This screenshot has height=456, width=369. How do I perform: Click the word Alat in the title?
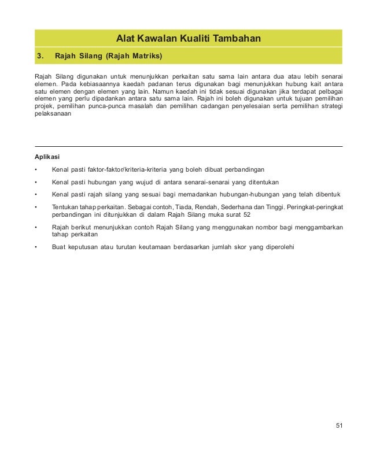pyautogui.click(x=127, y=39)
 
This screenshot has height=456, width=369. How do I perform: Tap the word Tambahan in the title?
pyautogui.click(x=237, y=39)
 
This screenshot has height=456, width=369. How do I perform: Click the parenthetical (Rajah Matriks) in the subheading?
pyautogui.click(x=134, y=57)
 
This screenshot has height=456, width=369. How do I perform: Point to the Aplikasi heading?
pyautogui.click(x=47, y=157)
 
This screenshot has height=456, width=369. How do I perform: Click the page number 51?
pyautogui.click(x=339, y=426)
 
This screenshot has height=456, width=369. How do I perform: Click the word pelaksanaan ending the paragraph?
pyautogui.click(x=53, y=114)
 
